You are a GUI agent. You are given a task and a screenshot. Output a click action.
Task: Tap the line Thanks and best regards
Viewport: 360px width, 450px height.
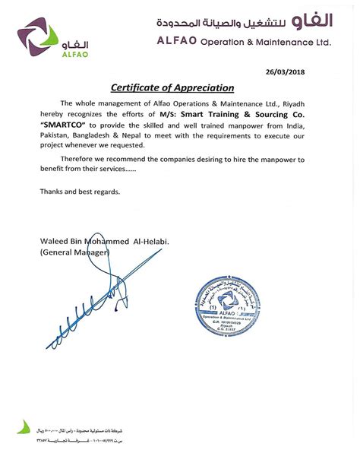point(79,192)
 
